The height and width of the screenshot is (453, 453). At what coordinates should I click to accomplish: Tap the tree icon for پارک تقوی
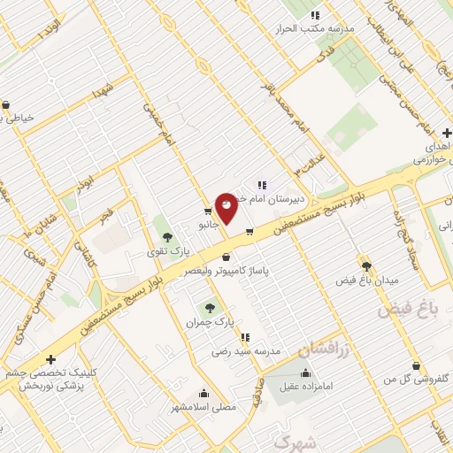pyautogui.click(x=166, y=237)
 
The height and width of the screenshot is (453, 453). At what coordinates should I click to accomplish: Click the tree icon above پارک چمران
pyautogui.click(x=210, y=308)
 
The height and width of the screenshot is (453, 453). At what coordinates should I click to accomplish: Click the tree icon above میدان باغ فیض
pyautogui.click(x=366, y=265)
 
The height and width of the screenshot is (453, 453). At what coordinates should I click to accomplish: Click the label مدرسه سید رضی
pyautogui.click(x=246, y=351)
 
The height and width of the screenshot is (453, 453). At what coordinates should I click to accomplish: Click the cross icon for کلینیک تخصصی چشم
pyautogui.click(x=51, y=359)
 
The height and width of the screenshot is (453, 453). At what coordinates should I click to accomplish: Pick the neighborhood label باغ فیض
pyautogui.click(x=409, y=311)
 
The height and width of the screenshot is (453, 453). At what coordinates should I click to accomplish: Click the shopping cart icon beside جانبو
pyautogui.click(x=208, y=211)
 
